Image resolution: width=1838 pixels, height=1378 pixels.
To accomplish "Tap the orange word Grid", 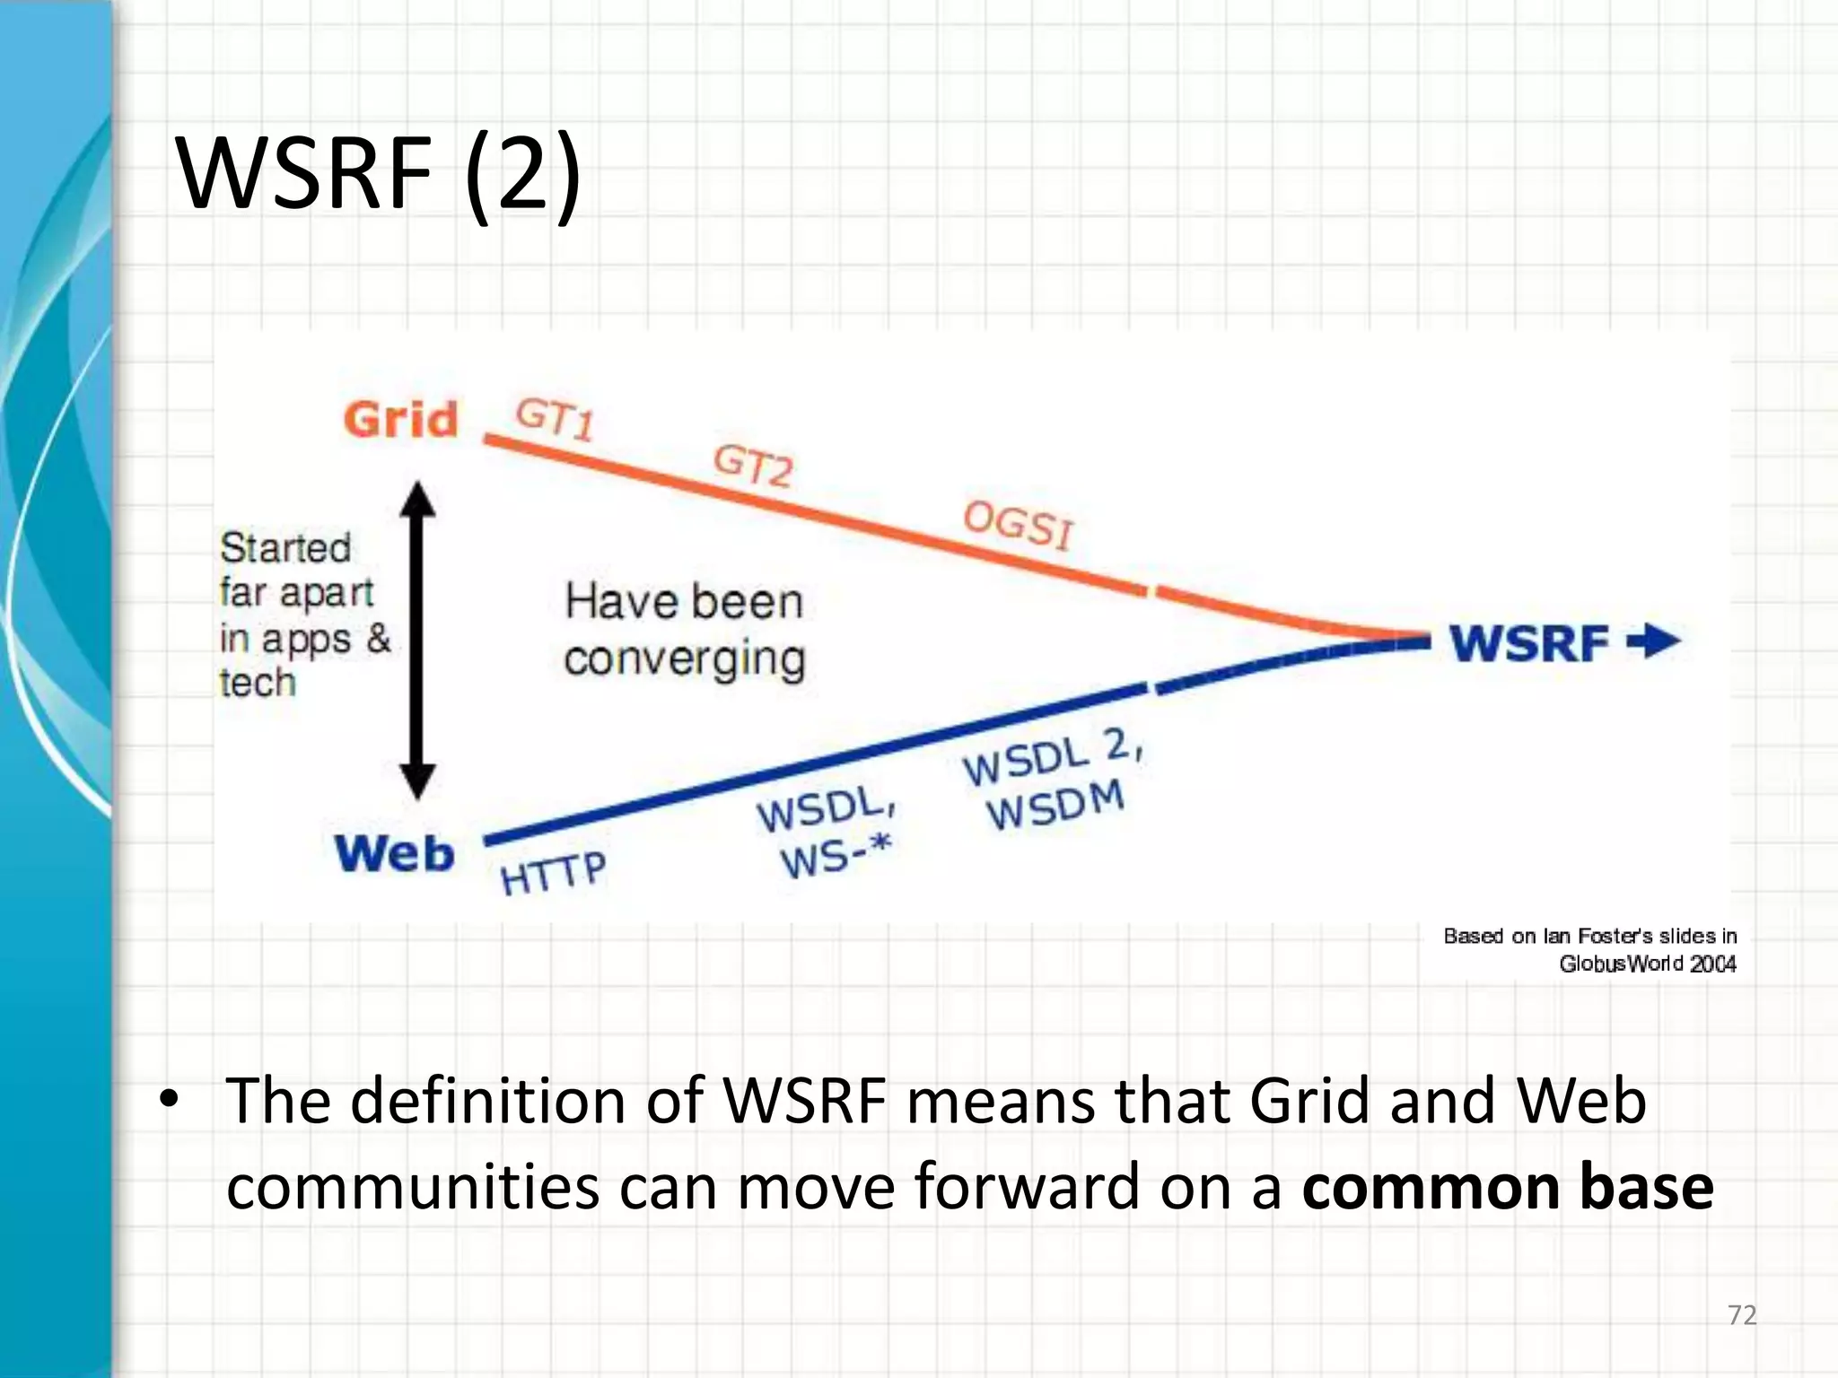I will [400, 420].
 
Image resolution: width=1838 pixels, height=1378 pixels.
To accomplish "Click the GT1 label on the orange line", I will [555, 419].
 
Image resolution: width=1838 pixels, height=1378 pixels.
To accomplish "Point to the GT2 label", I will [753, 466].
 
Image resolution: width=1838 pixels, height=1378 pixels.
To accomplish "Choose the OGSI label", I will [1018, 524].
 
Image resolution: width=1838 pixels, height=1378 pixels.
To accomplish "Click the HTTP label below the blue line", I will [553, 873].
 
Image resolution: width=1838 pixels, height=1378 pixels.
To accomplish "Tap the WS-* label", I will [836, 857].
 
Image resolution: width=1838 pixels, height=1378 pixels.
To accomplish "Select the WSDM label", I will [1055, 805].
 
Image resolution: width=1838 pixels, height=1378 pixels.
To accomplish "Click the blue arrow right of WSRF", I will [1654, 641].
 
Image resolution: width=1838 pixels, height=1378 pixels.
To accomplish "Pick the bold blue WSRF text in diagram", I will [1529, 643].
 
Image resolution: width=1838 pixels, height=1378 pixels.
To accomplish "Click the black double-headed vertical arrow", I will [417, 640].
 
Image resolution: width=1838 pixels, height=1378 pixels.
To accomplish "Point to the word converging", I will [685, 659].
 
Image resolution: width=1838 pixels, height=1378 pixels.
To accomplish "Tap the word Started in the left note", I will [285, 548].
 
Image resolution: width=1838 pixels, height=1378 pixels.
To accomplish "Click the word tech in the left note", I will [258, 683].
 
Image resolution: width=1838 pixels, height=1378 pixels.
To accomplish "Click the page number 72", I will [1741, 1315].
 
